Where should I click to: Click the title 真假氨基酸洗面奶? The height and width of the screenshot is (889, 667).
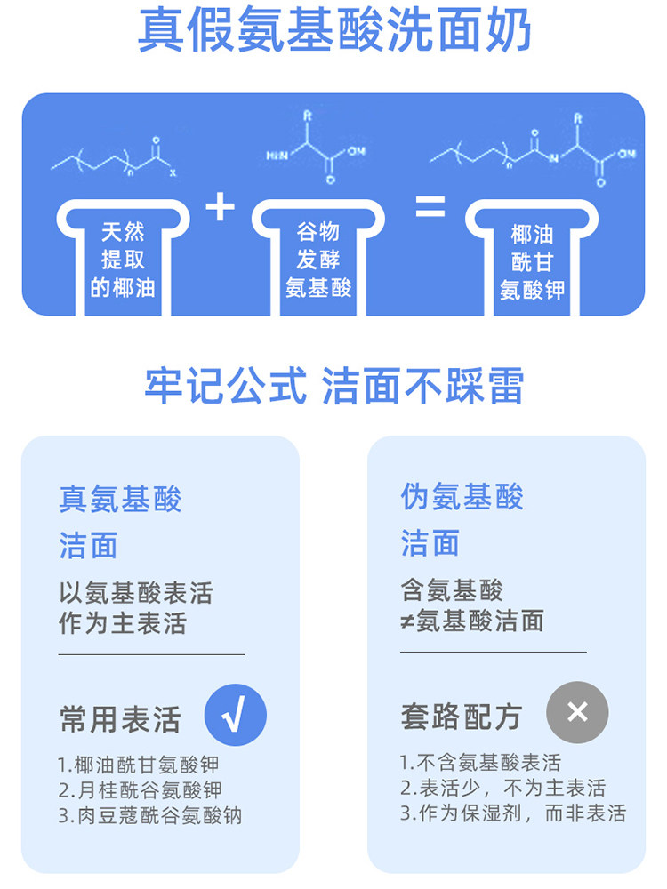(x=333, y=33)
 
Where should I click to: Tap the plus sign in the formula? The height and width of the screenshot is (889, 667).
(x=220, y=207)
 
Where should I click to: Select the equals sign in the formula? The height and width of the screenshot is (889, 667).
(x=430, y=207)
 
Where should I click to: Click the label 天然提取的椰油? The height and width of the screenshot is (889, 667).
(x=123, y=260)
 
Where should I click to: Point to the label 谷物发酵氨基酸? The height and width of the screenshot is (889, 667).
(x=318, y=260)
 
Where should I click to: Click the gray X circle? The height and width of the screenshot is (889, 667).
(x=577, y=712)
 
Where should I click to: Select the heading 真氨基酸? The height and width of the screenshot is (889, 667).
(x=120, y=499)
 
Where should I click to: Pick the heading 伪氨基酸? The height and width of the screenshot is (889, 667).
(x=462, y=497)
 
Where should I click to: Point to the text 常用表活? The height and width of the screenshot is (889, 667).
(x=120, y=718)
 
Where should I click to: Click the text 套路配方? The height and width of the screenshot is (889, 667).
(x=461, y=716)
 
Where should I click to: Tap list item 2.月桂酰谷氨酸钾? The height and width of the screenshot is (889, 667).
(x=140, y=789)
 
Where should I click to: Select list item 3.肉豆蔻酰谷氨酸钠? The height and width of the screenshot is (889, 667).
(x=150, y=814)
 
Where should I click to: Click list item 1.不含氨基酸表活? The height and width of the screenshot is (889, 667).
(x=480, y=762)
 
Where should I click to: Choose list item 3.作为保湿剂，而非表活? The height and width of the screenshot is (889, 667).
(x=512, y=813)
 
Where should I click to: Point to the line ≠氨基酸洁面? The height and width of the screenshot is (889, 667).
(x=471, y=620)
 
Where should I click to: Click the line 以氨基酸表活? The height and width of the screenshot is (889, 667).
(x=136, y=593)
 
